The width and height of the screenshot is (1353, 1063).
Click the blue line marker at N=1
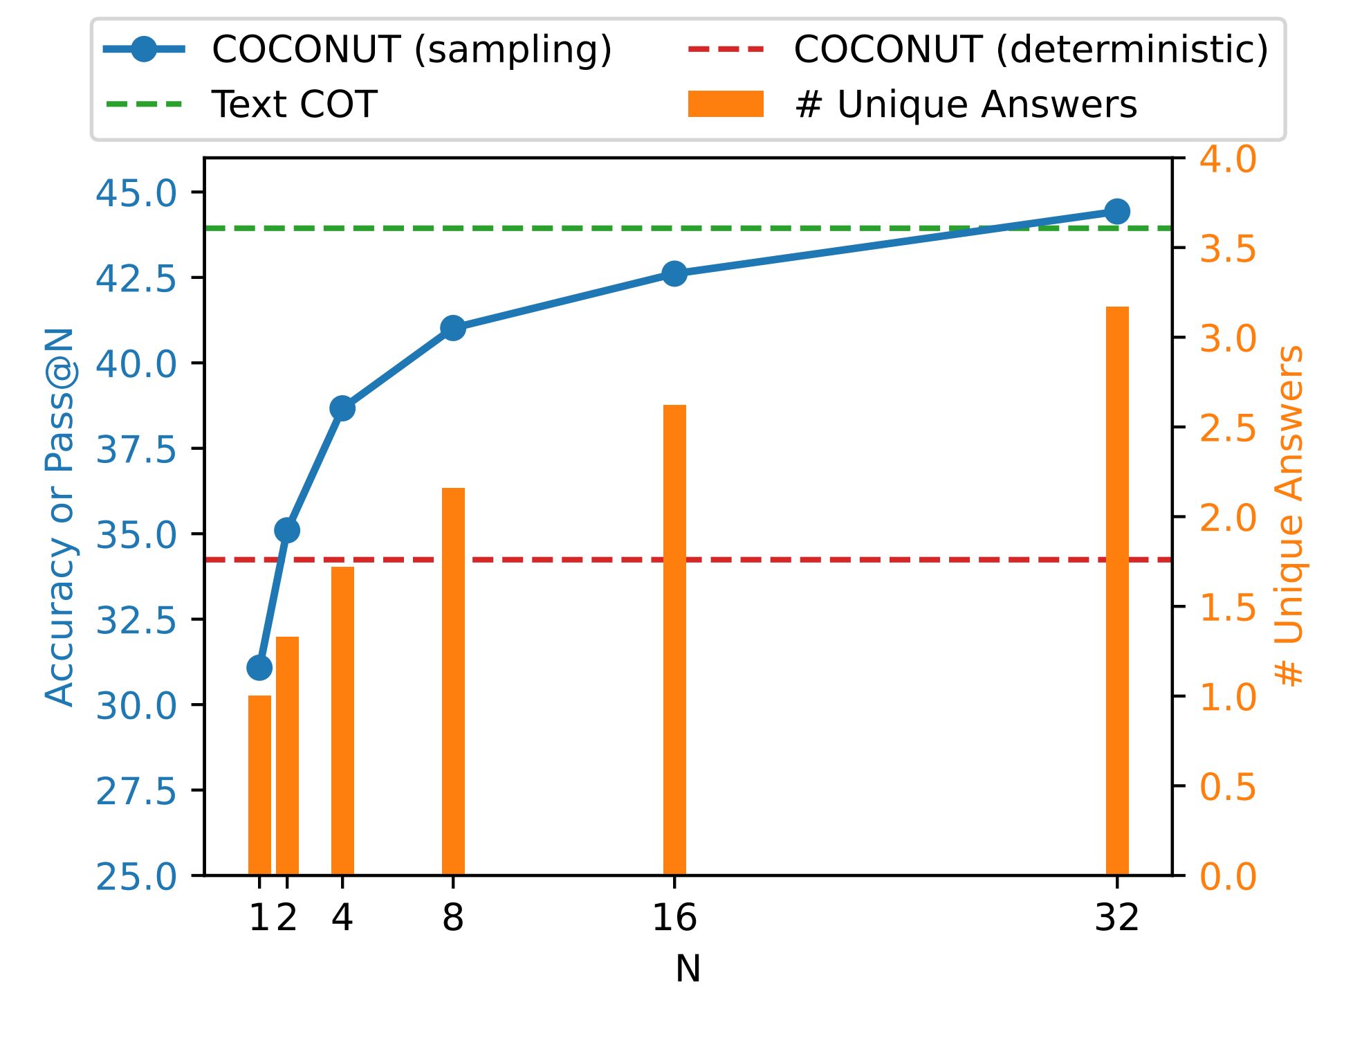(x=259, y=667)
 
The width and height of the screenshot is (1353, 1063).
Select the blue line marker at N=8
(x=453, y=328)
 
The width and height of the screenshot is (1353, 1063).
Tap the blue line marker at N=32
(x=1117, y=211)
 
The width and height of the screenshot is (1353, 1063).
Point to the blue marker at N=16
(x=674, y=273)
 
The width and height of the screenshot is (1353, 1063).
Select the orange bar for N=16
(x=674, y=639)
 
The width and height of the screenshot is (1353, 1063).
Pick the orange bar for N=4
(x=342, y=720)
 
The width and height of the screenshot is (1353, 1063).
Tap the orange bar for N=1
(x=259, y=785)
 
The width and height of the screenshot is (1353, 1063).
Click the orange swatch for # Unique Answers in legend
(x=726, y=105)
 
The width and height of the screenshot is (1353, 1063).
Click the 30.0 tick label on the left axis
(x=136, y=705)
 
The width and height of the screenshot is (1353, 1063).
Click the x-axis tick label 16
(x=674, y=918)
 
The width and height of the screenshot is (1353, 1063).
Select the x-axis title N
(x=688, y=968)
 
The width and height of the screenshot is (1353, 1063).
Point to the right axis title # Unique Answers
(x=1289, y=516)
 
